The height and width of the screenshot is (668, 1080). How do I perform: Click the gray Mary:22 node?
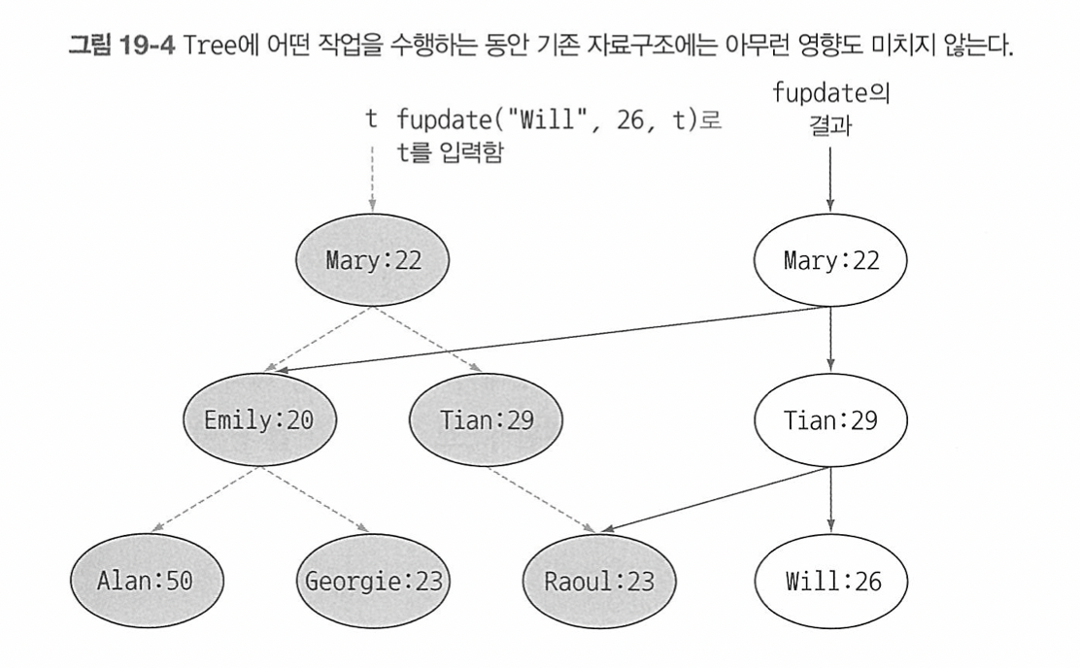point(374,260)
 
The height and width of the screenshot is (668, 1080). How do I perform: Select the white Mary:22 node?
point(830,260)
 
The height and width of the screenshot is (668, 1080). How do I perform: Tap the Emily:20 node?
point(258,421)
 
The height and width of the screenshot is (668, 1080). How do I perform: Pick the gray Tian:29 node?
point(487,421)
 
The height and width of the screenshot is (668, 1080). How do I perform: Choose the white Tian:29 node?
point(830,421)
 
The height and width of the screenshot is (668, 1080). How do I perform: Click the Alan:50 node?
point(147,584)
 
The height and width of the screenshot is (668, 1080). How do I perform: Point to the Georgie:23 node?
point(374,584)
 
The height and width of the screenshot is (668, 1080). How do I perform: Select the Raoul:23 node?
point(599,584)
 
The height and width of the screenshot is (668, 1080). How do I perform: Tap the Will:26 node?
point(830,584)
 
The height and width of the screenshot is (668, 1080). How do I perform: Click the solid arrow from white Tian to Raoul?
point(714,501)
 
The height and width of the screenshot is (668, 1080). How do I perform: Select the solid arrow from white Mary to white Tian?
point(830,340)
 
